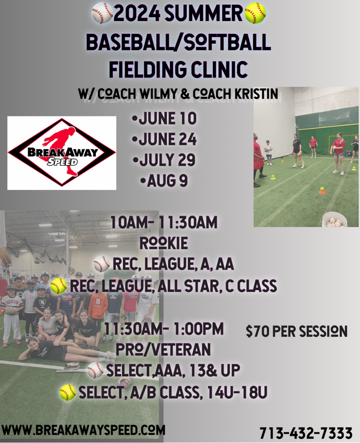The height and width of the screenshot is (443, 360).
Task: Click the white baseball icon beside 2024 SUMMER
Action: [x=102, y=13]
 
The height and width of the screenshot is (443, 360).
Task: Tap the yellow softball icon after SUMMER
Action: [x=255, y=13]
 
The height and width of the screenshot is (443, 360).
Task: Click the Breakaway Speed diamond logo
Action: [x=61, y=153]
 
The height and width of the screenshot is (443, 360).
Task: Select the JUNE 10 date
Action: [x=164, y=119]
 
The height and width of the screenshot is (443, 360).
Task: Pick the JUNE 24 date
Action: [x=164, y=139]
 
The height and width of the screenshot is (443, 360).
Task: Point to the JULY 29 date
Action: [x=164, y=159]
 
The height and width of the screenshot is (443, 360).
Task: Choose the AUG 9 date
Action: [x=164, y=181]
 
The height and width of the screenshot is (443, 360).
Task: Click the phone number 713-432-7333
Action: [x=306, y=433]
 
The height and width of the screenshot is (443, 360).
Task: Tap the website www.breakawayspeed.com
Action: [x=84, y=430]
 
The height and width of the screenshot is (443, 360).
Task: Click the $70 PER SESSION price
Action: [x=297, y=331]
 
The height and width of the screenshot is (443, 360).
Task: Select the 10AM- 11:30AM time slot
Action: [x=164, y=223]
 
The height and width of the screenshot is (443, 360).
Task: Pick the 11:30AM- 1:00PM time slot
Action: [x=164, y=329]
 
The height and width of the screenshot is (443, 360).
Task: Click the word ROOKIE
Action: [x=164, y=243]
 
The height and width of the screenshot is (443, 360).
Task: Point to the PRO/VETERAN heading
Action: [x=163, y=349]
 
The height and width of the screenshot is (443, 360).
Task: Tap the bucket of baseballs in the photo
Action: [x=335, y=219]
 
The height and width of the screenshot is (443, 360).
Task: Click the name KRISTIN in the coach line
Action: [x=256, y=94]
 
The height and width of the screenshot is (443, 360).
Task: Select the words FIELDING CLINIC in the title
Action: [x=178, y=69]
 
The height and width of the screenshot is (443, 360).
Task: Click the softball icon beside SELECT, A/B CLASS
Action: [x=68, y=393]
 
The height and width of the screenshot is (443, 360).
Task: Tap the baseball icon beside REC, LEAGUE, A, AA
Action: [x=102, y=264]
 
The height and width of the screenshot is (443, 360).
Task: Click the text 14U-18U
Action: [x=238, y=392]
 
